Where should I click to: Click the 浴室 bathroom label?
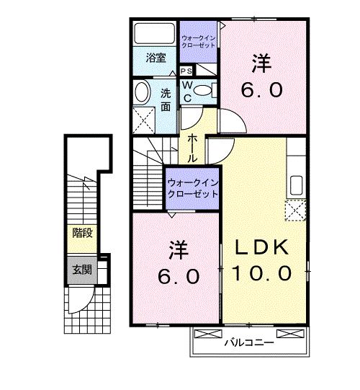pos(156,58)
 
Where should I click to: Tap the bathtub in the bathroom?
pos(154,33)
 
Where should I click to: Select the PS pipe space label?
pos(186,71)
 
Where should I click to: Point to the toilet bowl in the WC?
pos(202,90)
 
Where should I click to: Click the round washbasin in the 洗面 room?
pos(142,92)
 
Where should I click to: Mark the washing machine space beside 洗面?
pos(144,120)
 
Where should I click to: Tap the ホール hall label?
pos(192,149)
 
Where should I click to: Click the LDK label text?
pos(261,247)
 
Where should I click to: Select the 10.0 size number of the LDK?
pos(261,272)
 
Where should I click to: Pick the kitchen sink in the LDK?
pos(296,185)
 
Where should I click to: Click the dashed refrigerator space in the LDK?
pos(295,210)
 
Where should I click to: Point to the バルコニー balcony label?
pos(249,343)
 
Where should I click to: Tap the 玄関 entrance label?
pos(82,270)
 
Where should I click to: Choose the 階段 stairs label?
pos(82,233)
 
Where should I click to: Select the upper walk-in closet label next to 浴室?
pos(198,42)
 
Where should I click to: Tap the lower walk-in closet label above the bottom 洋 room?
pos(192,189)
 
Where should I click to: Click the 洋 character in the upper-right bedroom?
pos(261,64)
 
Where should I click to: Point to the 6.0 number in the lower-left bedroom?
pos(179,276)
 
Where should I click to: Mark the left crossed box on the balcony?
pos(208,334)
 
